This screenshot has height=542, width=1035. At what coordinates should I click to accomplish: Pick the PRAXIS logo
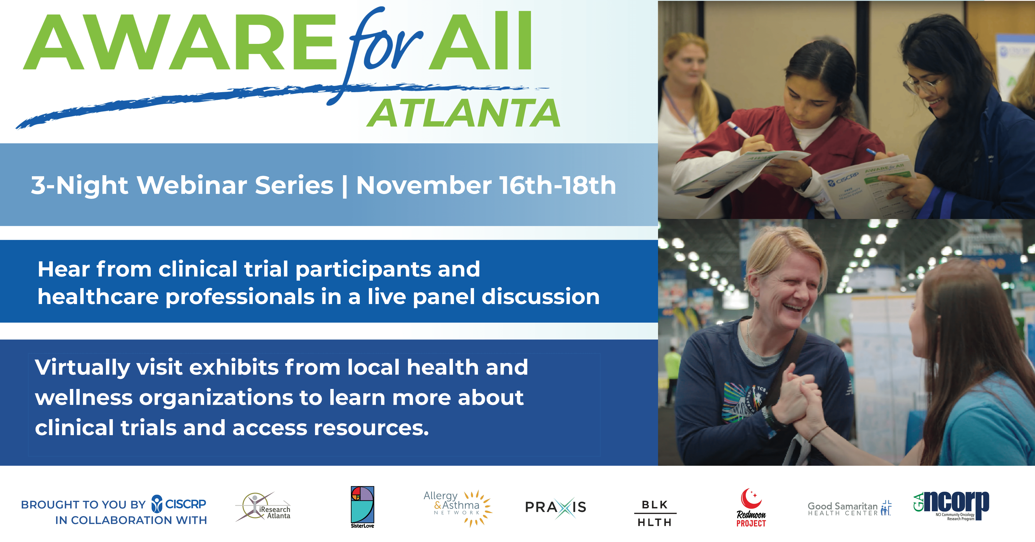click(556, 507)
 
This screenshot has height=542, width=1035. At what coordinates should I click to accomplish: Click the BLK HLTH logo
click(655, 513)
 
